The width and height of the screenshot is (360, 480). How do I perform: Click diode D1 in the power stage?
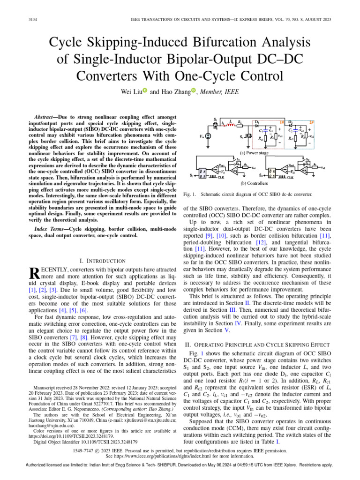pyautogui.click(x=257, y=123)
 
